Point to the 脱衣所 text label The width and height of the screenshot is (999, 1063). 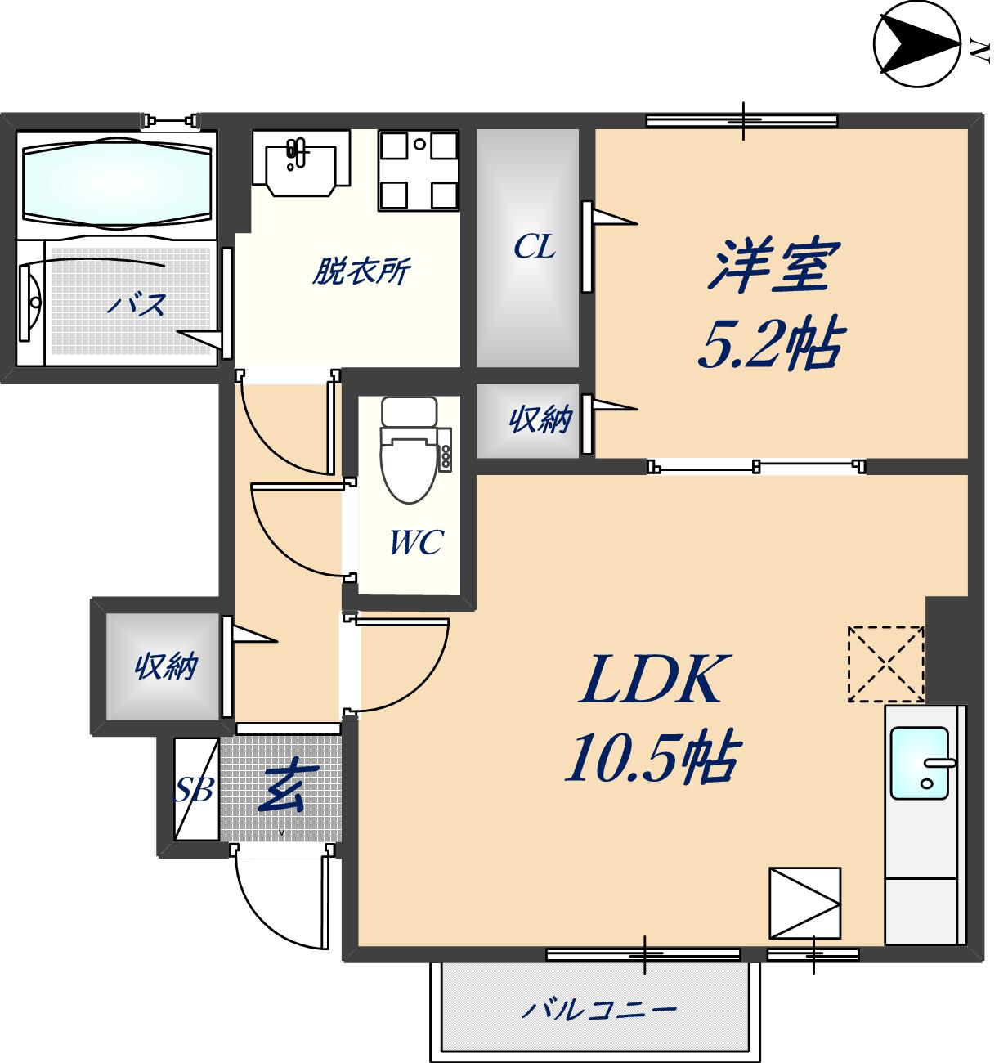pos(361,271)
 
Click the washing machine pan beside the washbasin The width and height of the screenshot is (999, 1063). pos(418,169)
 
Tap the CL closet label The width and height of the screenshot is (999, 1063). pos(535,245)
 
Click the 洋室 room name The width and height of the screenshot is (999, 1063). pos(773,266)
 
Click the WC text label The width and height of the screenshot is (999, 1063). pos(416,541)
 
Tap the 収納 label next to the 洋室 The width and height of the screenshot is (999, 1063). pos(540,420)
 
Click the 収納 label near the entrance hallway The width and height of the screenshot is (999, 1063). pos(166,666)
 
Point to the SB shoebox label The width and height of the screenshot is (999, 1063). pos(195,790)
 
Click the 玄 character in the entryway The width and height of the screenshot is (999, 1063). pos(280,789)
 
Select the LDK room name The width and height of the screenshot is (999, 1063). pos(652,680)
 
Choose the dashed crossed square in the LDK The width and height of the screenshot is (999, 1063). pos(885,663)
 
